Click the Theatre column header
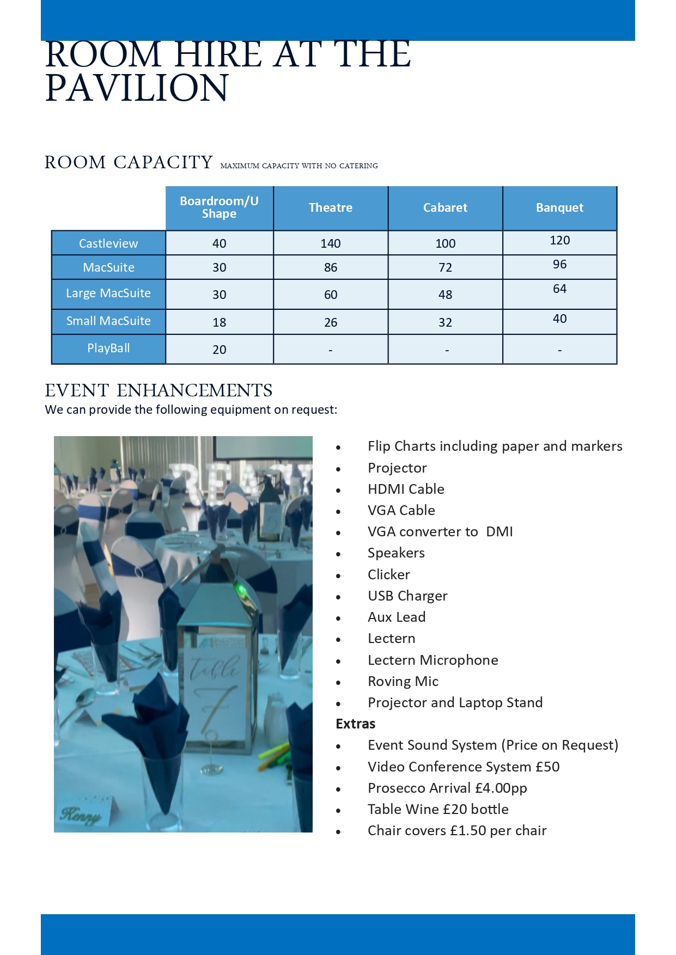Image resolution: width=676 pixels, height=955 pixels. (330, 207)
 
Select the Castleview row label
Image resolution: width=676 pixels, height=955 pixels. (108, 243)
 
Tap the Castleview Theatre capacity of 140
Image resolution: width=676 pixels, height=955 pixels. (330, 243)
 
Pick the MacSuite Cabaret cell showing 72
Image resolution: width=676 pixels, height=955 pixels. (445, 267)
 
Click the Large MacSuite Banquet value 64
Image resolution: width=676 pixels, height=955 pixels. (559, 289)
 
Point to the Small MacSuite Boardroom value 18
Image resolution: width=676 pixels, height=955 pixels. (219, 322)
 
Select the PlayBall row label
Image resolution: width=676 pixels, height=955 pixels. (108, 348)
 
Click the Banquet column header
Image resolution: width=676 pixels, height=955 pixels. (559, 207)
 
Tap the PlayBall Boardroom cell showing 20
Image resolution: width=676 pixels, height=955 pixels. (219, 350)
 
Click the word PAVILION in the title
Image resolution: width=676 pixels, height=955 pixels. (137, 88)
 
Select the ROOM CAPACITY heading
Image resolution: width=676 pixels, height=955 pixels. (129, 162)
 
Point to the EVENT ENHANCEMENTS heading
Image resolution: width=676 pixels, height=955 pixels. (159, 390)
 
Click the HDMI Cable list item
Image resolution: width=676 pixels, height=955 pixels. (406, 489)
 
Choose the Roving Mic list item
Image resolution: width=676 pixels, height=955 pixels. (403, 681)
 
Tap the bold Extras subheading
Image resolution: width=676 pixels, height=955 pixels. (356, 724)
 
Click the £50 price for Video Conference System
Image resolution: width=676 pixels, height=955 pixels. (547, 767)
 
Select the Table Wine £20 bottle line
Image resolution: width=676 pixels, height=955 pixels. (438, 809)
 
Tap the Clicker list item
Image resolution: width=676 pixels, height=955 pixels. (388, 574)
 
